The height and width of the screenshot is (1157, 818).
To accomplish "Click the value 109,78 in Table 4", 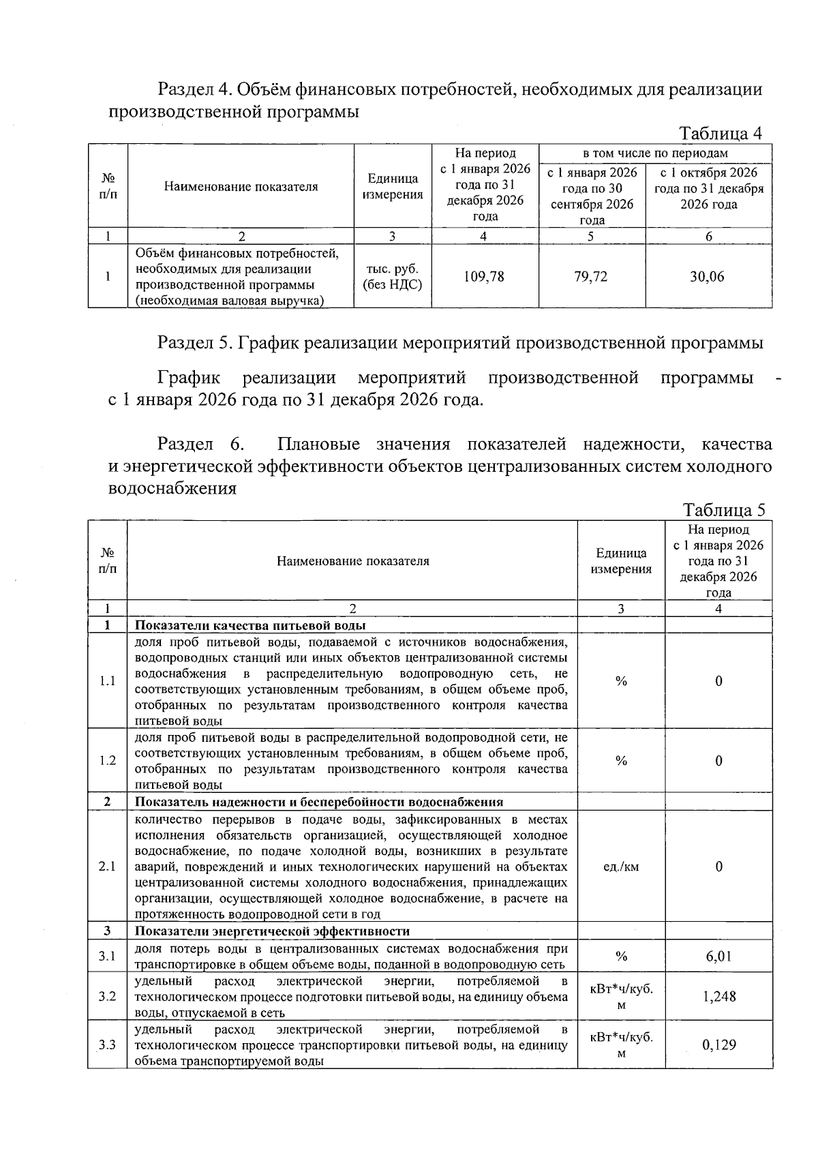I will [x=484, y=277].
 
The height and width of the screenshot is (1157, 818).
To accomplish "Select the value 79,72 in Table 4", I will [x=591, y=277].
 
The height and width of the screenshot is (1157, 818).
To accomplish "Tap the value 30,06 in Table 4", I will [x=708, y=277].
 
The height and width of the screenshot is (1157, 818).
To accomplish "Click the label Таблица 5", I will [x=725, y=510].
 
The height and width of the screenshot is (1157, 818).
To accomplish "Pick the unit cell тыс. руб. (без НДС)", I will [x=392, y=277].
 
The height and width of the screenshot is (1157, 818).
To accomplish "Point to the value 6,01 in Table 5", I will [x=718, y=957].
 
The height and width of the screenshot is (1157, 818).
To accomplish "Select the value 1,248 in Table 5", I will [x=718, y=997].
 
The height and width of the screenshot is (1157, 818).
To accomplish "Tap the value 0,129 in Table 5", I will [x=718, y=1045].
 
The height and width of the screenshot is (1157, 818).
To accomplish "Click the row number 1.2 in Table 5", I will [x=108, y=761].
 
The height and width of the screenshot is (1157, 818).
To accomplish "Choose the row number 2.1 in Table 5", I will [x=108, y=867].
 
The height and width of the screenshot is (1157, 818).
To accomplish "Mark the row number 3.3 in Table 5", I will [x=108, y=1045].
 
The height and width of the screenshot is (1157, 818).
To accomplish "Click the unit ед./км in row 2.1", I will [x=621, y=867].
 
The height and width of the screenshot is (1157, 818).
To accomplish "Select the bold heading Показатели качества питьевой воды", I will [x=250, y=626].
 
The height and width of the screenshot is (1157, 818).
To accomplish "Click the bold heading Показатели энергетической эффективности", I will [x=272, y=931].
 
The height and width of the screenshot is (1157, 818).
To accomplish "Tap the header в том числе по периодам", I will [x=654, y=153].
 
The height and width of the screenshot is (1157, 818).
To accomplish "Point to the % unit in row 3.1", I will [x=621, y=957].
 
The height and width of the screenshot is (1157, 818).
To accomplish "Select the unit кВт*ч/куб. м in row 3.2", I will [x=621, y=997].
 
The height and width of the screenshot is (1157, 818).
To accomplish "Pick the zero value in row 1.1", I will [x=718, y=681].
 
